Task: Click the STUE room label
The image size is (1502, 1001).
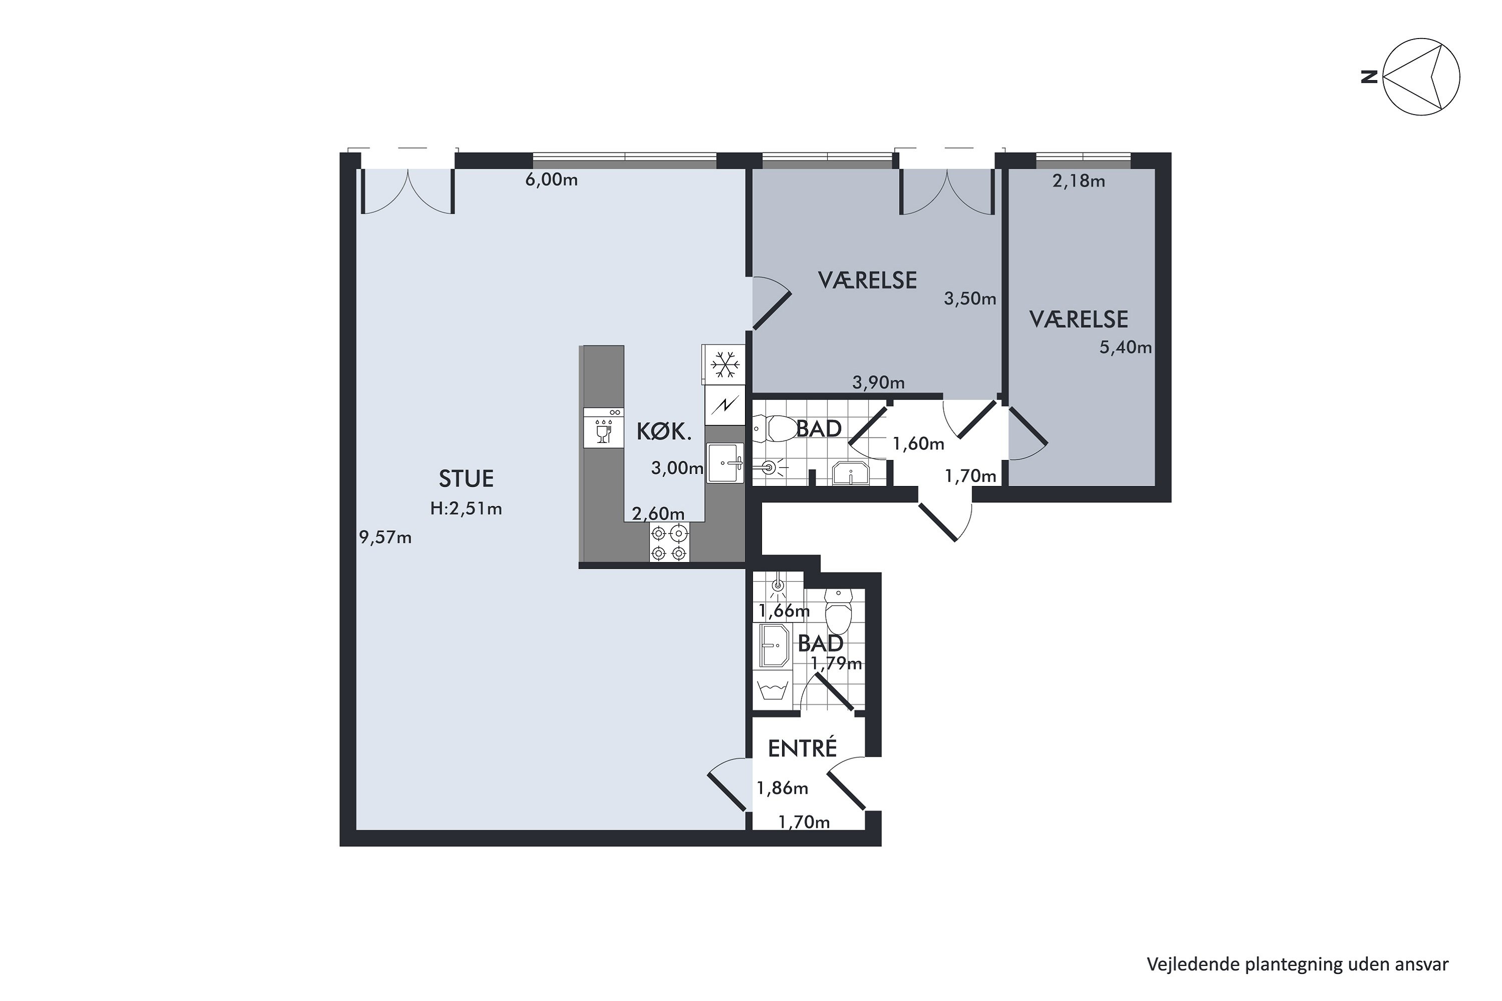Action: pos(466,478)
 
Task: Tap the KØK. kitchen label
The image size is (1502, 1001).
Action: pos(664,432)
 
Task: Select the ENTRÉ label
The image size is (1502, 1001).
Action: pos(802,748)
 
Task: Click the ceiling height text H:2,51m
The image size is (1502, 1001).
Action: pos(466,509)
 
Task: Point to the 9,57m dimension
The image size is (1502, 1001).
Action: pos(385,538)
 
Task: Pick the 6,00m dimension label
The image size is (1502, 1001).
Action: pos(552,180)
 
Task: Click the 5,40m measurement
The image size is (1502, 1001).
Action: pos(1125,347)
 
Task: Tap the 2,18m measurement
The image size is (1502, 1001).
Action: pos(1078,181)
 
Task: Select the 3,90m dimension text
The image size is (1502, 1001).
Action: pos(879,382)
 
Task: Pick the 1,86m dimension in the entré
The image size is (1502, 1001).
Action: pos(782,788)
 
